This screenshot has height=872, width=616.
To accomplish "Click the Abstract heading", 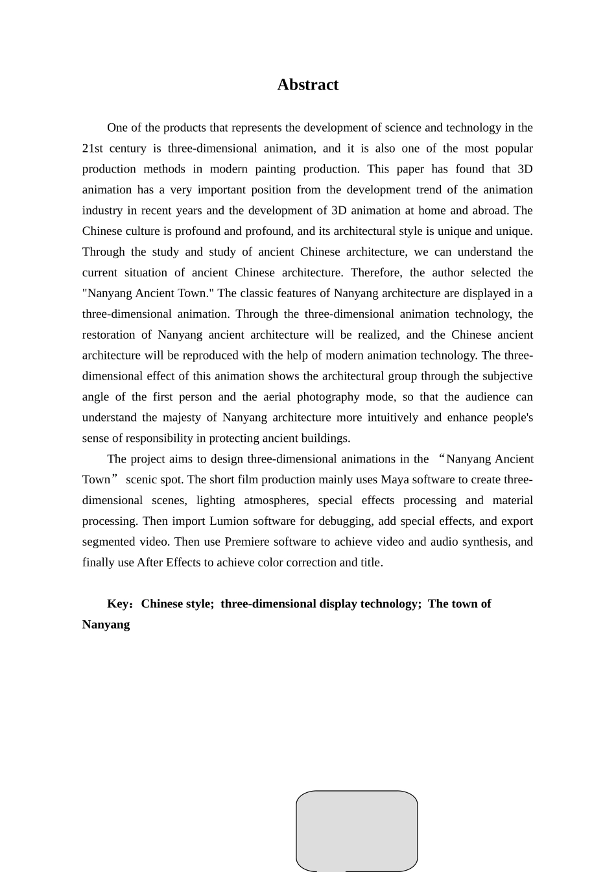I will click(307, 85).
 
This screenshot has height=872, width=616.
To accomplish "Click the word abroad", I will click(491, 211).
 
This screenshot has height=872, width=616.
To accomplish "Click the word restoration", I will click(112, 335).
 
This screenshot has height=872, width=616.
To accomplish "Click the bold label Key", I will click(118, 604).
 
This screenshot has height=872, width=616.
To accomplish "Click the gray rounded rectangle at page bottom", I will click(357, 830).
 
